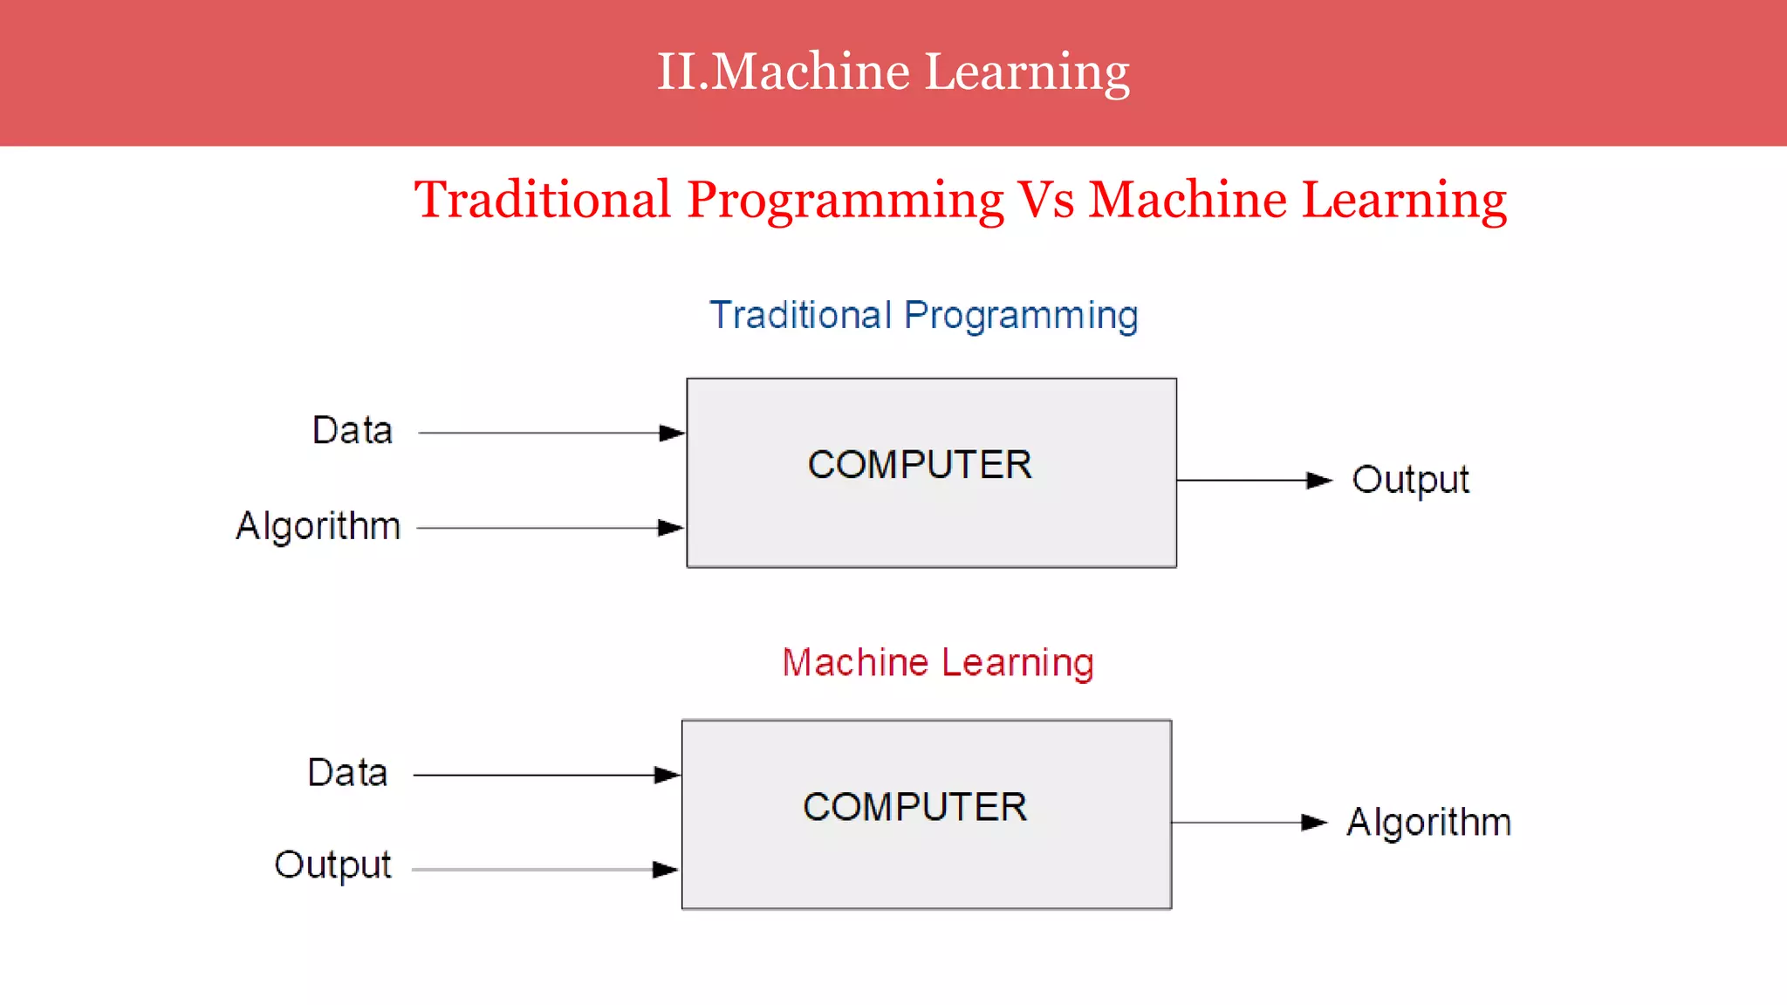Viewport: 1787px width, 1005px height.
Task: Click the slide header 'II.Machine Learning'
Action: click(x=893, y=72)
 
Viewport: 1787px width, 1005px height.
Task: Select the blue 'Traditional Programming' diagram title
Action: click(x=923, y=315)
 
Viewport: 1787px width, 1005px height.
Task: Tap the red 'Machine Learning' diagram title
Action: click(x=938, y=662)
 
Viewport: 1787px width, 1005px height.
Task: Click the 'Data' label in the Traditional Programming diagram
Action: click(x=353, y=431)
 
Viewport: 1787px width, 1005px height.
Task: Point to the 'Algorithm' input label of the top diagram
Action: click(x=318, y=526)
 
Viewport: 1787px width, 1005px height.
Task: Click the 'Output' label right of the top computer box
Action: click(x=1410, y=480)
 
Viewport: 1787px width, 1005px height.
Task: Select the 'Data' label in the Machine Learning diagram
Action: click(x=347, y=773)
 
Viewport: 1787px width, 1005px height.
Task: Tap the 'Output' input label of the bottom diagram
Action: click(x=332, y=865)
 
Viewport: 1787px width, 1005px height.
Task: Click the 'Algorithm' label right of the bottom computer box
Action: click(x=1428, y=822)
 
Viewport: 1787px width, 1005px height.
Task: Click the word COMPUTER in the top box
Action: click(x=920, y=465)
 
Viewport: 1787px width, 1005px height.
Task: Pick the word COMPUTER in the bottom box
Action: click(x=914, y=807)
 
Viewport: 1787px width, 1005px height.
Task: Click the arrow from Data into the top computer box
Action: click(x=550, y=433)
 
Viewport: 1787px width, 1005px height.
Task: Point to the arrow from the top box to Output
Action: click(x=1253, y=480)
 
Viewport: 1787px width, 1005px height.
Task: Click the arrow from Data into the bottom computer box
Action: click(x=545, y=775)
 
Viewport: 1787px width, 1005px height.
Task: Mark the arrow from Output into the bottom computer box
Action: click(x=544, y=870)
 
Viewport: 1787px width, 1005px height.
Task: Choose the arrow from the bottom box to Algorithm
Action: click(x=1248, y=822)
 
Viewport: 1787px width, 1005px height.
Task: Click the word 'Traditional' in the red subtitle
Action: click(x=542, y=200)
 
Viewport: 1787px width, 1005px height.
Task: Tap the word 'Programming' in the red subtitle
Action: click(x=845, y=200)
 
